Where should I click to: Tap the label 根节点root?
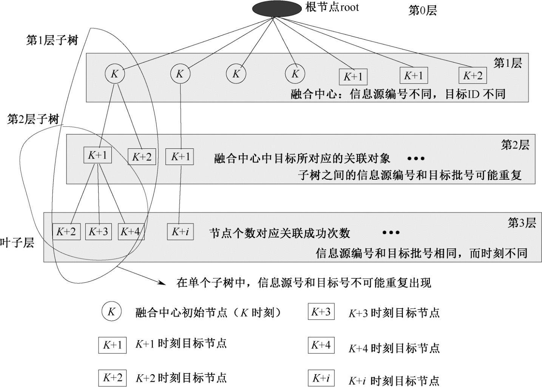[x=332, y=8]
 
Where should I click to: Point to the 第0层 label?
[x=423, y=11]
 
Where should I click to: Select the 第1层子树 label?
[x=52, y=40]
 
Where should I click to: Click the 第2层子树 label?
[x=33, y=119]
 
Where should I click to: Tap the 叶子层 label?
[x=17, y=243]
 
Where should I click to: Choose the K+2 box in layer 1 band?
[x=473, y=76]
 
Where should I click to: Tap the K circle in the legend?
[x=111, y=312]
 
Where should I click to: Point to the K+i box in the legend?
[x=321, y=378]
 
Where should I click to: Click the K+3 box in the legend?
[x=321, y=312]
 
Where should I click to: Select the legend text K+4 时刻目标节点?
[x=394, y=348]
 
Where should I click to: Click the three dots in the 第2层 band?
[x=416, y=159]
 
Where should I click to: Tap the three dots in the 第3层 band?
[x=391, y=233]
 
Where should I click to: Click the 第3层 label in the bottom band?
[x=522, y=223]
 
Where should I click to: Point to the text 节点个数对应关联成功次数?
[x=280, y=233]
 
